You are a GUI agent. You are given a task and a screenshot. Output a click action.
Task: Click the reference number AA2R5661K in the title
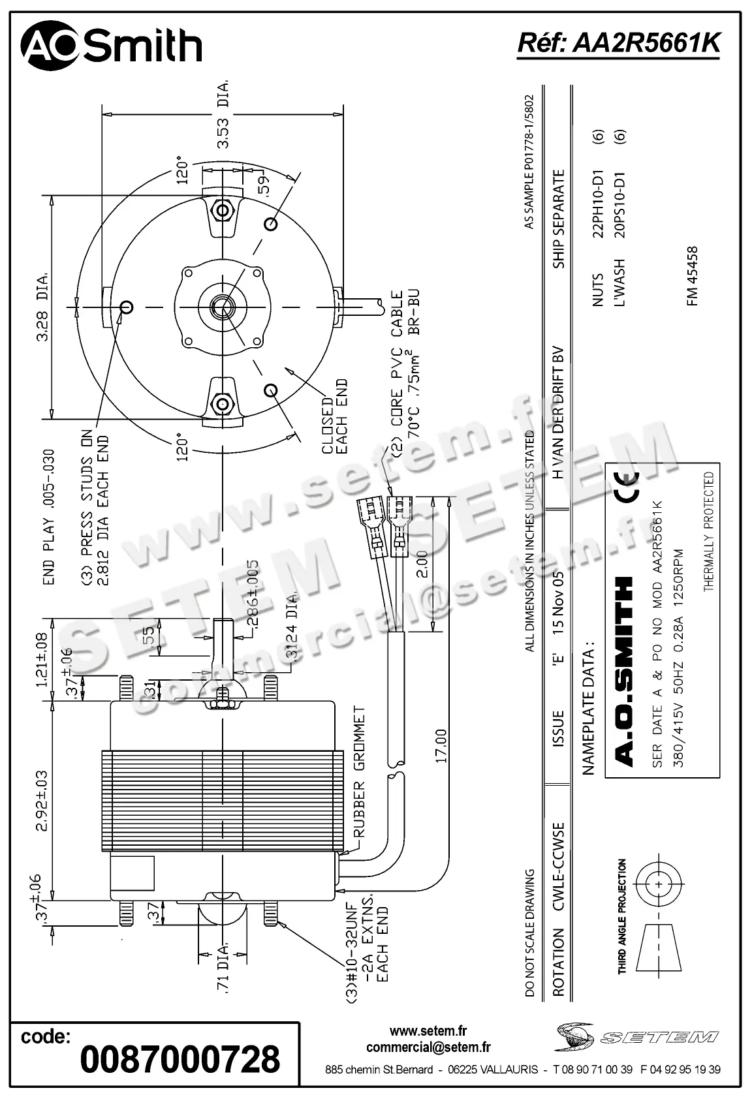pos(619,43)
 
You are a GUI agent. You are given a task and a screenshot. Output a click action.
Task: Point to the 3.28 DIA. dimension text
pos(43,307)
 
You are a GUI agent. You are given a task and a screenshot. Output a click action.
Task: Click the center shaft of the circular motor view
pos(223,307)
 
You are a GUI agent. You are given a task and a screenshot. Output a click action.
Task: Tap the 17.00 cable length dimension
pos(441,746)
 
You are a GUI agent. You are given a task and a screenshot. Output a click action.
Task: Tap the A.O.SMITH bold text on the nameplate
pos(624,671)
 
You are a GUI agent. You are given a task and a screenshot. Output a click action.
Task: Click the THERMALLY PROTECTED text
pos(709,532)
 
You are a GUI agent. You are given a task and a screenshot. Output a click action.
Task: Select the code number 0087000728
pos(180,1058)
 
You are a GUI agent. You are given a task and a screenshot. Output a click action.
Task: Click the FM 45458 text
pos(692,275)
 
